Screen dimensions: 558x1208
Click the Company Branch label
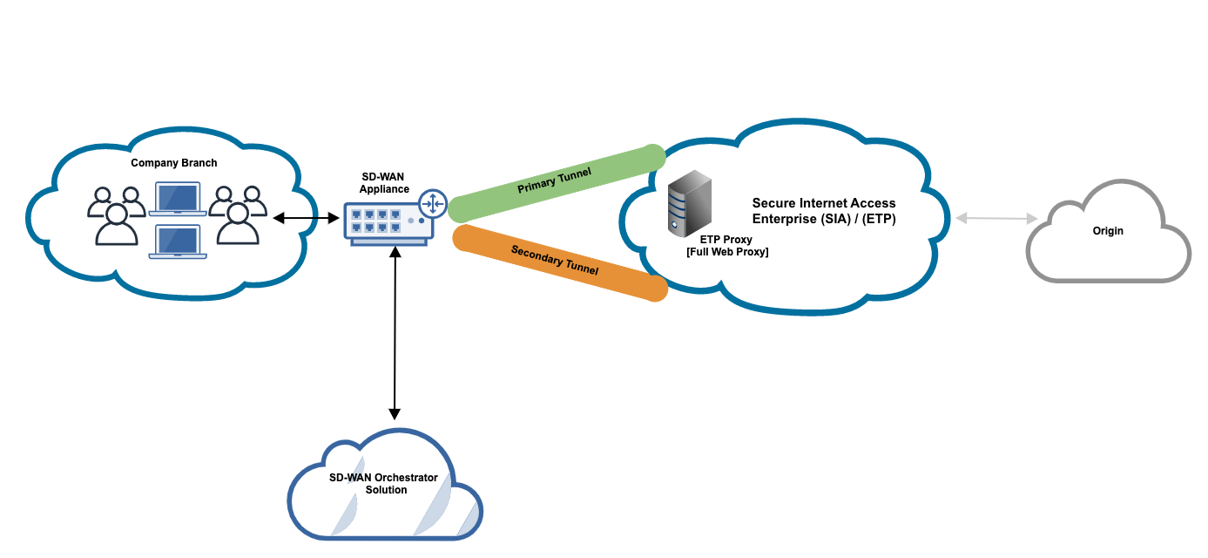(x=174, y=163)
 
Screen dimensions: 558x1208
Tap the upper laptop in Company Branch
(x=177, y=200)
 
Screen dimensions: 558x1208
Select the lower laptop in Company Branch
(x=177, y=242)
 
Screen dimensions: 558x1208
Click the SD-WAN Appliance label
(x=384, y=183)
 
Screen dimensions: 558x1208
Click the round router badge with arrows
(x=432, y=204)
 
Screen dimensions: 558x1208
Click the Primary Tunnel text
(x=555, y=180)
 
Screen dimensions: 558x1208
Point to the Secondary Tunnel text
(x=555, y=260)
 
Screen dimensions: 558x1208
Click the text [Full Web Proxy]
(x=727, y=252)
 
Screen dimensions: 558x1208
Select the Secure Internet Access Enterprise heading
(x=824, y=212)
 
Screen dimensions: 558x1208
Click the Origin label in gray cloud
(x=1108, y=231)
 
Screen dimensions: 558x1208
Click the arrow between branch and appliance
(x=306, y=218)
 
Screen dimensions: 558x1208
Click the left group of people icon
(x=116, y=214)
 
